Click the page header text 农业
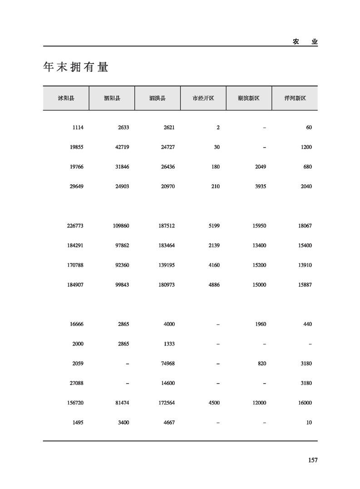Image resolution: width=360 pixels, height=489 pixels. pos(305,41)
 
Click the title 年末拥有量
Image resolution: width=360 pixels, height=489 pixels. pos(76,67)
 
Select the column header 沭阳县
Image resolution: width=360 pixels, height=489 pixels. pos(66,98)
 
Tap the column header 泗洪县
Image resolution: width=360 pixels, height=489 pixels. pos(157,98)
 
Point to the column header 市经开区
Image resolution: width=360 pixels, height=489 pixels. pos(203,98)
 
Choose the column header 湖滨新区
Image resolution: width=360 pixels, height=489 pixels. pos(249,98)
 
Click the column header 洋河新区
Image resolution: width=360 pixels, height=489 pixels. pos(295,98)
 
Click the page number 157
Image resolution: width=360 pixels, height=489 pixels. pos(312,460)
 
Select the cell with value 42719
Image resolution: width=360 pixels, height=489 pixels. pos(121,147)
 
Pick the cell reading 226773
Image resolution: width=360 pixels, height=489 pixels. pos(75,226)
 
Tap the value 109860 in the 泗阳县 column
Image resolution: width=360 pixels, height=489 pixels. pos(121,226)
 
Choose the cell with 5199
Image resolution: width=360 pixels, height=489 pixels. pos(214,226)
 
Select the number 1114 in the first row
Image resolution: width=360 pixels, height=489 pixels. pos(78,128)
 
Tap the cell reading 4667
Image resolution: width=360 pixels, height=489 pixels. pos(168,422)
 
